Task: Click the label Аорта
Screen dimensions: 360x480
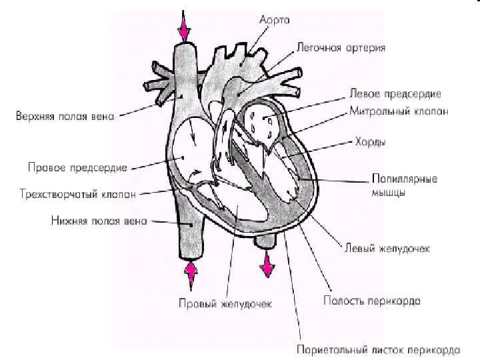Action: (x=273, y=21)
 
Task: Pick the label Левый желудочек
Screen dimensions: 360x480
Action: (x=386, y=248)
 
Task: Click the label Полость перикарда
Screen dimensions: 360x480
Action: (x=372, y=301)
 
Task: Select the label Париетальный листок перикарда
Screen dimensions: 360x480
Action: (x=377, y=348)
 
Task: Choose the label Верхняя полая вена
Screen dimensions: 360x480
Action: (x=65, y=116)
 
